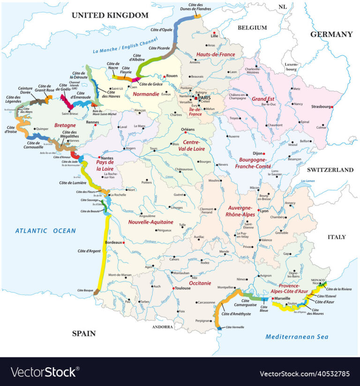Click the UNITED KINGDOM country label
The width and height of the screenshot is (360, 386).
tap(110, 15)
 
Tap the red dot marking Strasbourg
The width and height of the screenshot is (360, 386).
tap(332, 107)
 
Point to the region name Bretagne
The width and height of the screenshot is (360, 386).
tap(65, 126)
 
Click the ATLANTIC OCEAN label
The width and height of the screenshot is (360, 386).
tap(45, 230)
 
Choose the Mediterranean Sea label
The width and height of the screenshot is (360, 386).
tap(297, 337)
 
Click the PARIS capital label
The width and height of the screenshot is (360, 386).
tap(204, 98)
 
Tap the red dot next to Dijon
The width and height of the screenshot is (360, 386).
tap(263, 153)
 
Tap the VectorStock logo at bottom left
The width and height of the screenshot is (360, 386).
tap(43, 372)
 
